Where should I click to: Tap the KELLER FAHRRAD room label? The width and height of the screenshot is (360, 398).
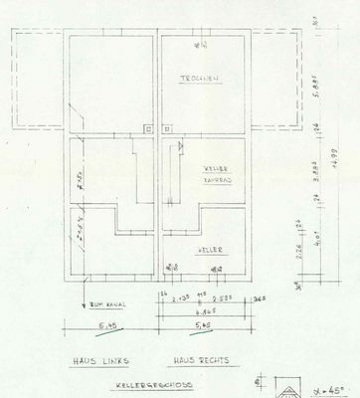coord(217,174)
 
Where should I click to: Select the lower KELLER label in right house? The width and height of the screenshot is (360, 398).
coord(210,249)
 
